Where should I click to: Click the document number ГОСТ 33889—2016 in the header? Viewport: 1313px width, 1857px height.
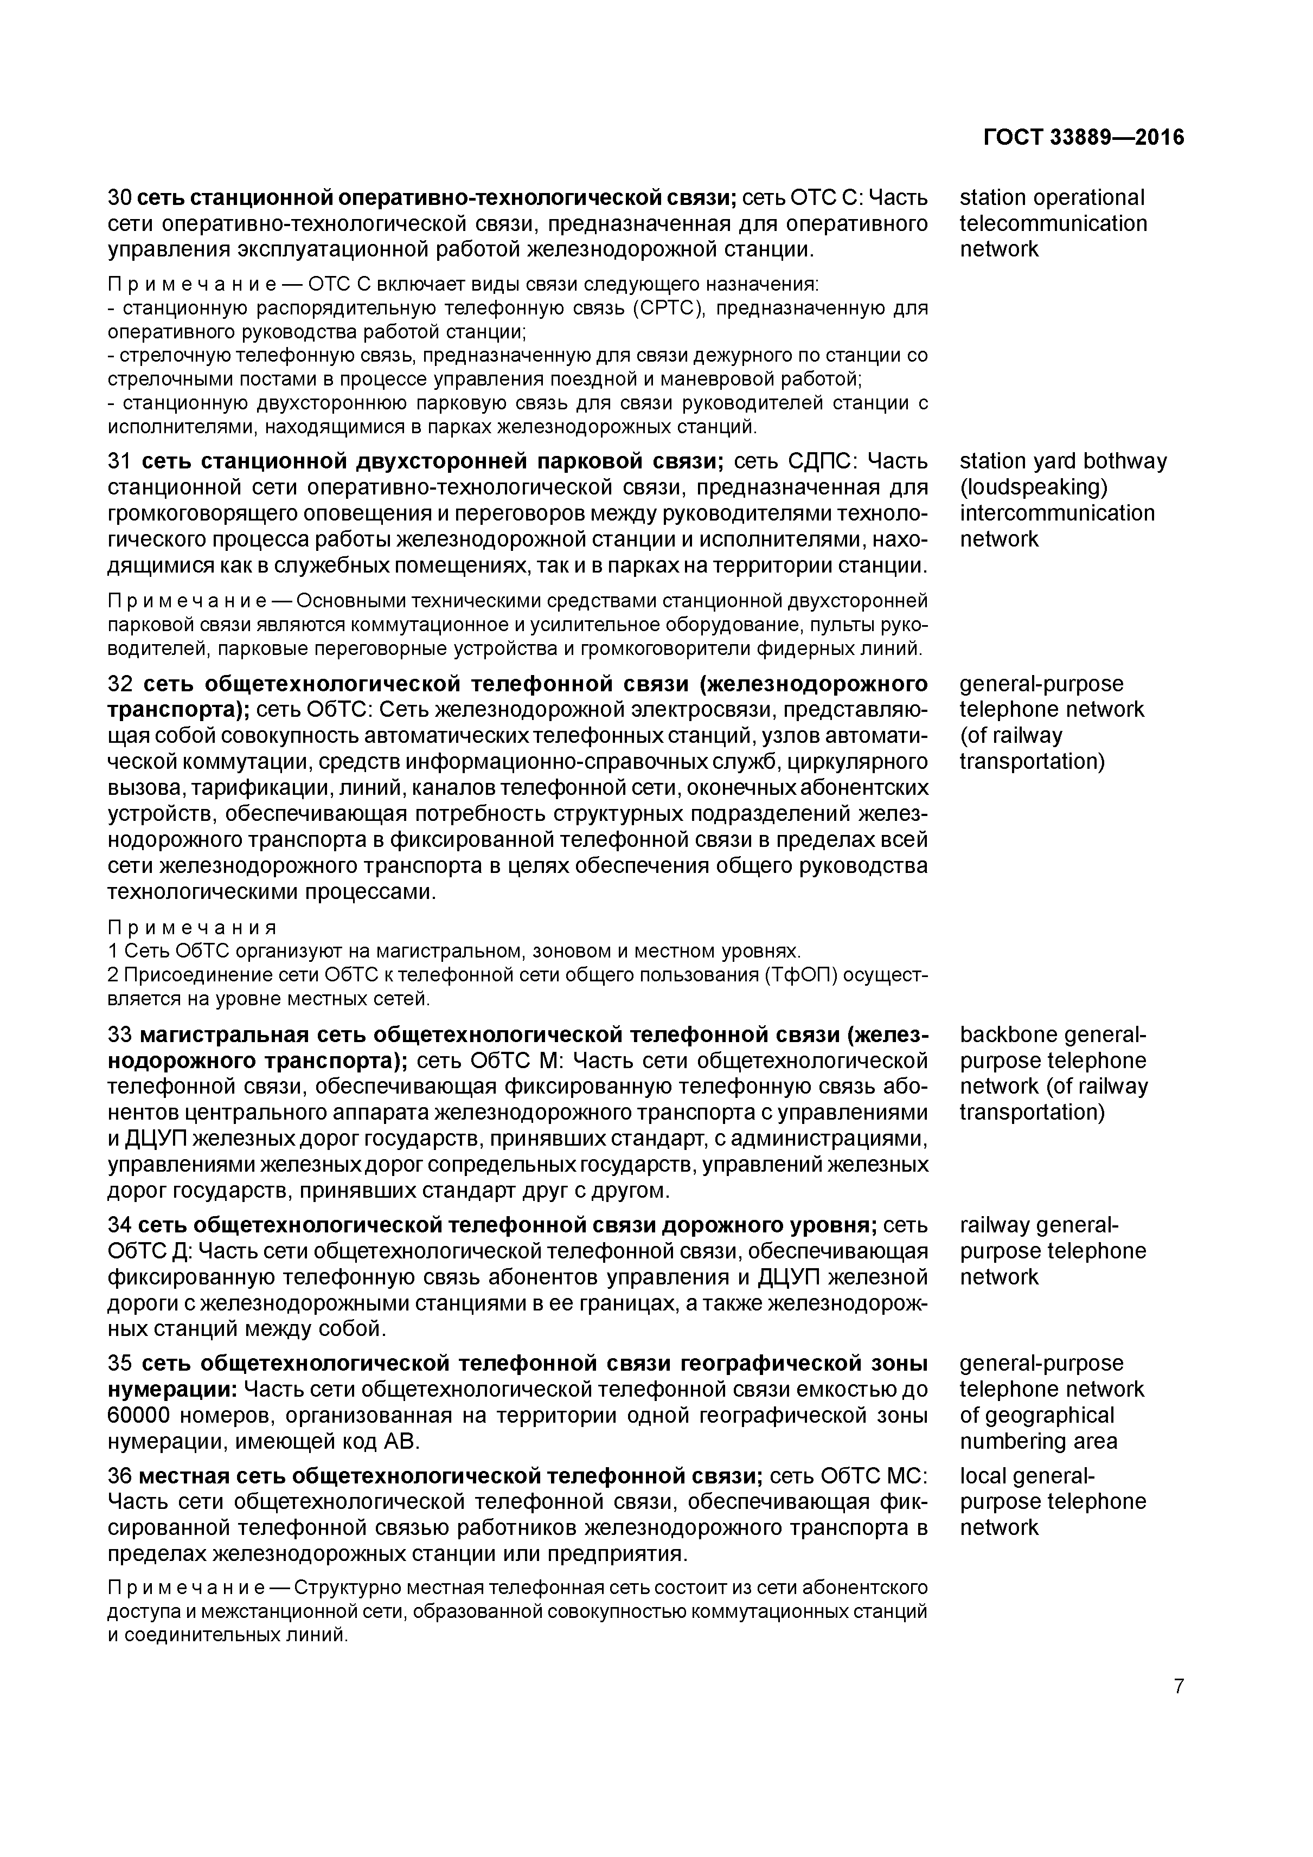[1083, 138]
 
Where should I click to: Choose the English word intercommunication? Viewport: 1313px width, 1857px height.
[1056, 513]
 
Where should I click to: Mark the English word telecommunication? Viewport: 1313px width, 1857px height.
[1053, 223]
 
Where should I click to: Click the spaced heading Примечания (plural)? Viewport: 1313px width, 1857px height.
[193, 927]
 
